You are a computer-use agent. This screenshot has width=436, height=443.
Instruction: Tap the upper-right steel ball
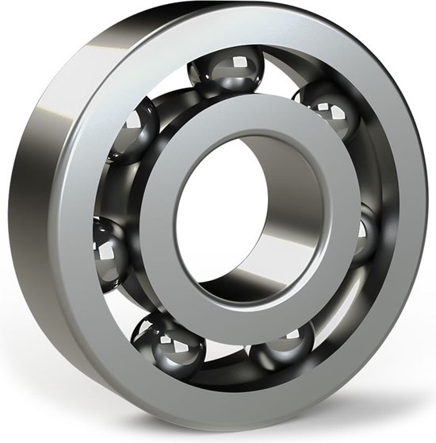327,111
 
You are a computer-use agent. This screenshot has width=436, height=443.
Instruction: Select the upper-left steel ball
133,129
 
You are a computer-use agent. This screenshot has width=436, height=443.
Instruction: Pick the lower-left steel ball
169,344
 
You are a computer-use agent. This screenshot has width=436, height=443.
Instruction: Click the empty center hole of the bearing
230,214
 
